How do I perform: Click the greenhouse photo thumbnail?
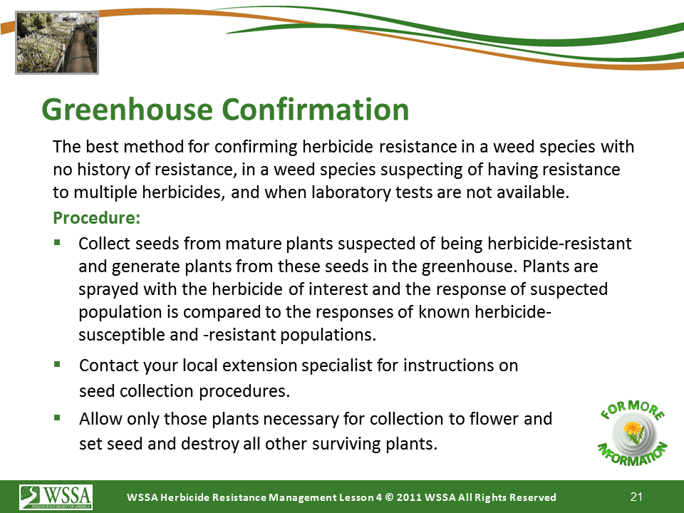tap(57, 43)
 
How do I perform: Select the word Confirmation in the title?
tap(316, 109)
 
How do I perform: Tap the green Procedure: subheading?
tap(96, 218)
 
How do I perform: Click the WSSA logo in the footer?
tap(56, 497)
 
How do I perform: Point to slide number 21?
tap(636, 497)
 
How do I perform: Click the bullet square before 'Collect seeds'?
tap(57, 242)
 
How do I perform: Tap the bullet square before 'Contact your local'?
tap(57, 364)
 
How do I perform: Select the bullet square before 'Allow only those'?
tap(57, 418)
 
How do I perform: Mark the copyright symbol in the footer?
tap(390, 497)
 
